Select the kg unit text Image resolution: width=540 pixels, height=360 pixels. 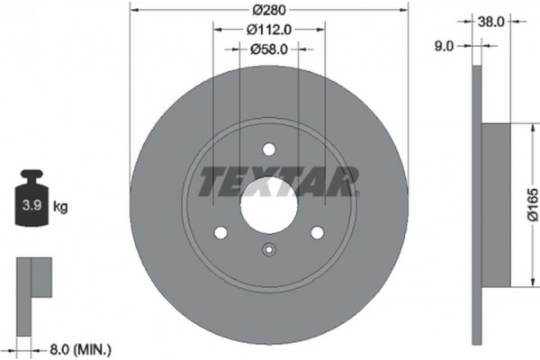(x=61, y=207)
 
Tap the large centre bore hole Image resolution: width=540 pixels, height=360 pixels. (x=268, y=202)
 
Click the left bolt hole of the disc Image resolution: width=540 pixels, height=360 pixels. (x=220, y=233)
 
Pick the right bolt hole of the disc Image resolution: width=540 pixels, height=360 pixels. (x=317, y=233)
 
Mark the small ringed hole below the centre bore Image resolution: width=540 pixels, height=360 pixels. (x=268, y=251)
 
